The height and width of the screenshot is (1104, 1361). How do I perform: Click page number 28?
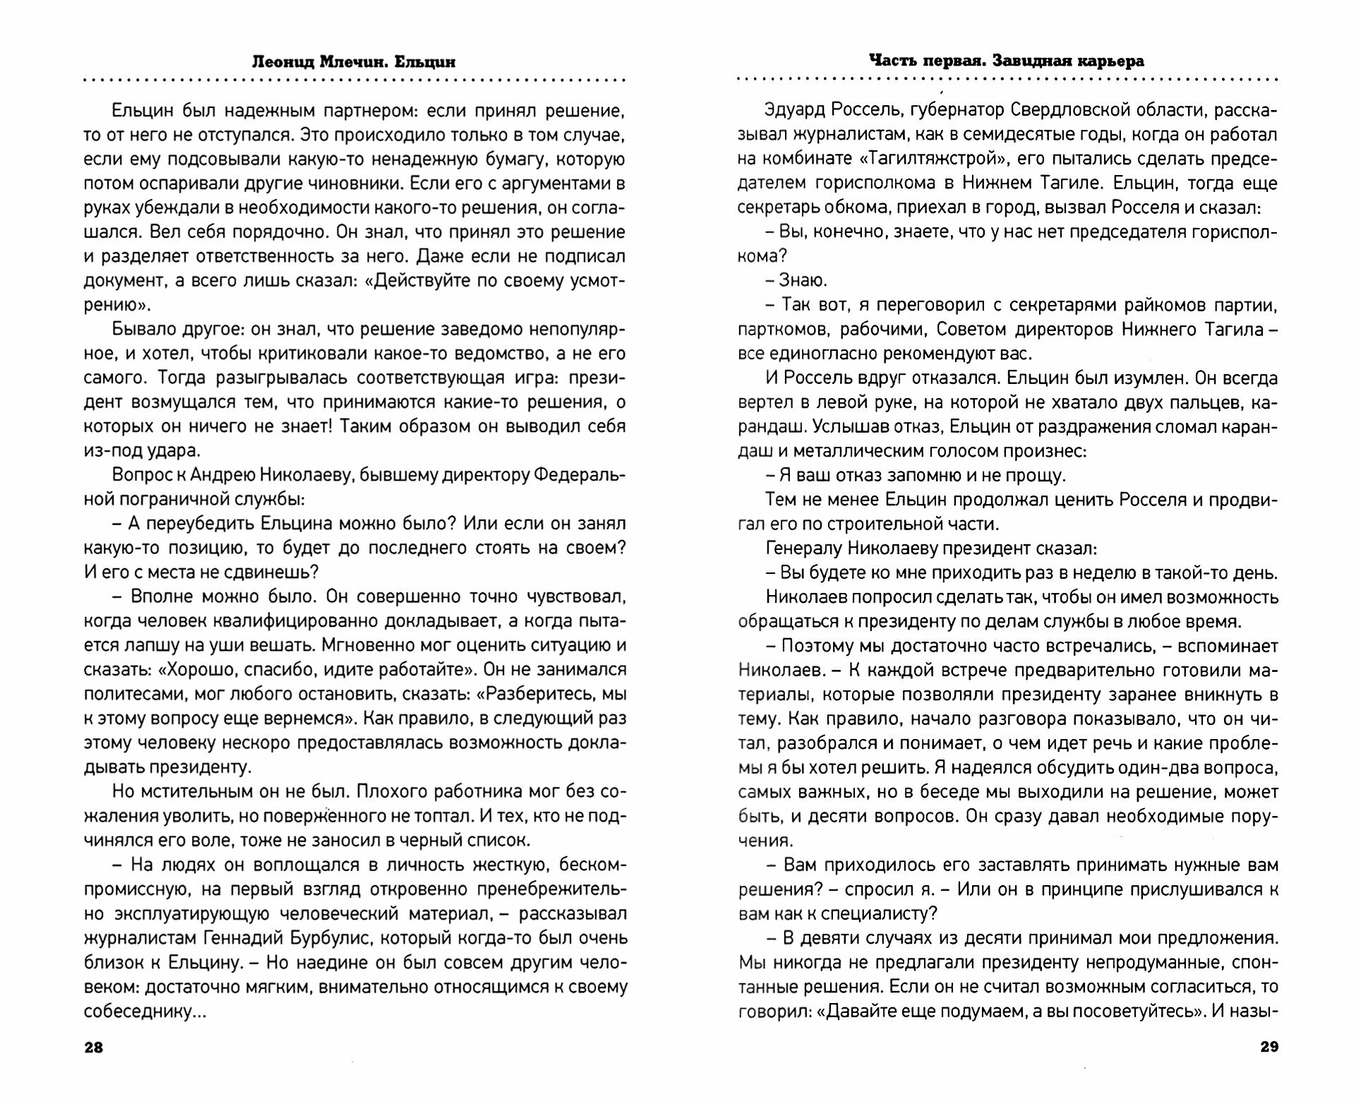pos(93,1047)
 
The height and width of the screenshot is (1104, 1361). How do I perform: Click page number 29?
pos(1269,1047)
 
